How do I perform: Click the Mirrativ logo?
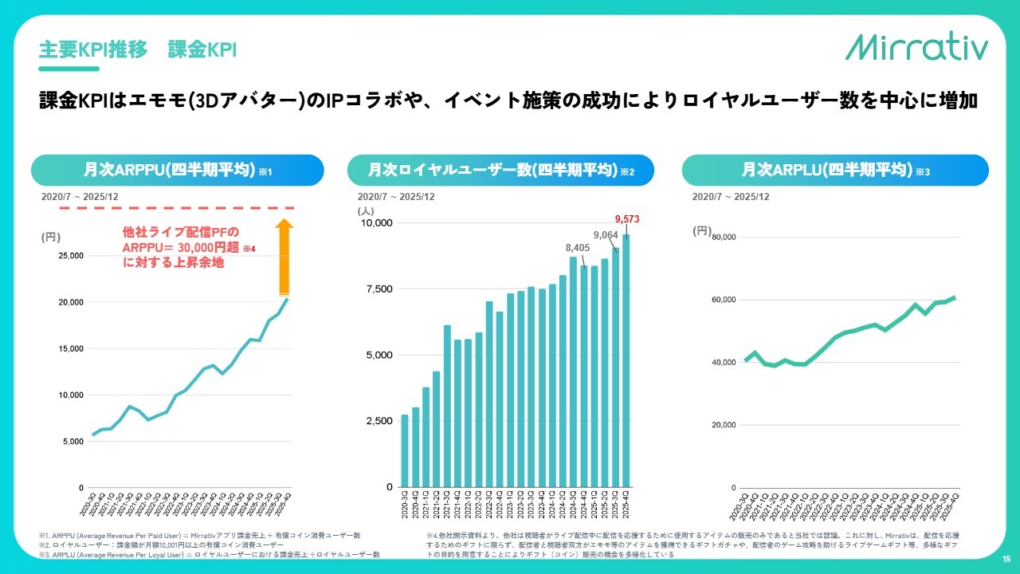click(x=916, y=47)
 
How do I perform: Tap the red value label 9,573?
click(x=627, y=219)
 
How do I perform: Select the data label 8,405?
click(x=577, y=248)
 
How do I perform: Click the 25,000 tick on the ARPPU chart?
click(x=73, y=256)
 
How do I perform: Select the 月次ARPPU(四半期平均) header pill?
click(x=177, y=171)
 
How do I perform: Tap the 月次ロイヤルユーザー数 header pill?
click(x=500, y=171)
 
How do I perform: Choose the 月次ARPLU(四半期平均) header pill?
click(x=835, y=171)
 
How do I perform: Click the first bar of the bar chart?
click(x=405, y=450)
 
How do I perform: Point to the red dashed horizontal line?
click(x=159, y=208)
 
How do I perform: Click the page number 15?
click(x=1006, y=560)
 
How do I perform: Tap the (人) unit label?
click(x=366, y=210)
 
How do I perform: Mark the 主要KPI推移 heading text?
click(x=94, y=49)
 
